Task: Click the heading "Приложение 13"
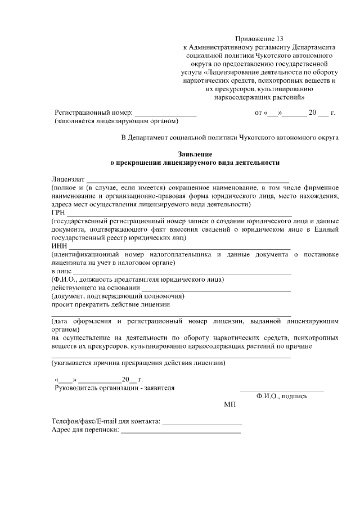260,39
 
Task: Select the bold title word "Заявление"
195,154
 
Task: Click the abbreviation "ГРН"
58,213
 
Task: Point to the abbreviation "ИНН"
58,246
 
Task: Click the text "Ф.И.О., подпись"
282,396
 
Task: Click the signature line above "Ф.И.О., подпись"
282,390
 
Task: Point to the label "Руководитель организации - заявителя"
114,388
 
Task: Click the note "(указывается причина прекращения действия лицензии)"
138,363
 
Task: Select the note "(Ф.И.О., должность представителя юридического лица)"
138,280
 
